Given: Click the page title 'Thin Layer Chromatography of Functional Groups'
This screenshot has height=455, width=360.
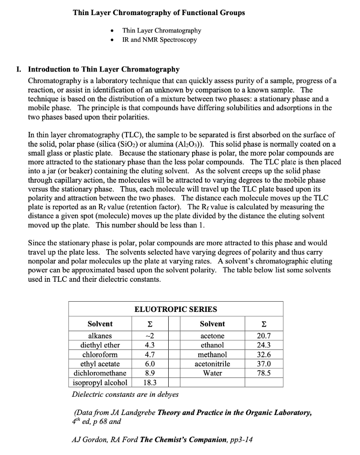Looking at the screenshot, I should click(x=158, y=12).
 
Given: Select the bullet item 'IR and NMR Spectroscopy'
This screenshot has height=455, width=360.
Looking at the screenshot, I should click(x=159, y=40).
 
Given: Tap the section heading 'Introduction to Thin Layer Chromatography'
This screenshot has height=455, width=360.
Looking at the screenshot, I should click(x=104, y=69).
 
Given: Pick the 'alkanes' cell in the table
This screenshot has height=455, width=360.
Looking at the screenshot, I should click(x=100, y=335).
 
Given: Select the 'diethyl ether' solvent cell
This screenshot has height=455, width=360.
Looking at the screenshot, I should click(x=100, y=345).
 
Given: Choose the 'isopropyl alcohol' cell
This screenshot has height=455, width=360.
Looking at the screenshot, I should click(x=100, y=382).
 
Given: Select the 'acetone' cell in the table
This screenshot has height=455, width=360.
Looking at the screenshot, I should click(x=213, y=335).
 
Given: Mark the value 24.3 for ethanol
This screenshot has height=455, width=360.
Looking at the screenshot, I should click(x=264, y=345).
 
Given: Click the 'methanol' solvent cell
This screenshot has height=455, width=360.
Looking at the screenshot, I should click(x=213, y=354).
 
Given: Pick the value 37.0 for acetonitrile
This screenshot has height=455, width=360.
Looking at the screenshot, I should click(x=264, y=363).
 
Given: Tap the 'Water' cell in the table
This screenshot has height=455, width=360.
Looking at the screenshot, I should click(x=213, y=373).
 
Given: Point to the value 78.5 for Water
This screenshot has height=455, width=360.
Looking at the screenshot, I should click(x=264, y=373).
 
